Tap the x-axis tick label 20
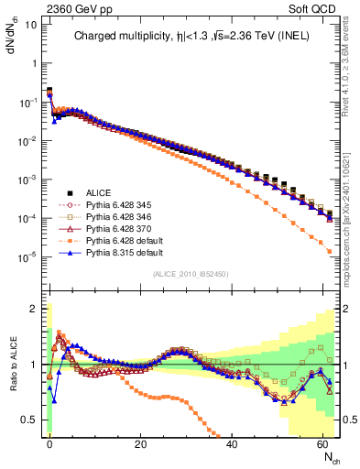140,442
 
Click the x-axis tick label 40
232,442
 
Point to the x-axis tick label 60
322,442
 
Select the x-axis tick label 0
49,442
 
